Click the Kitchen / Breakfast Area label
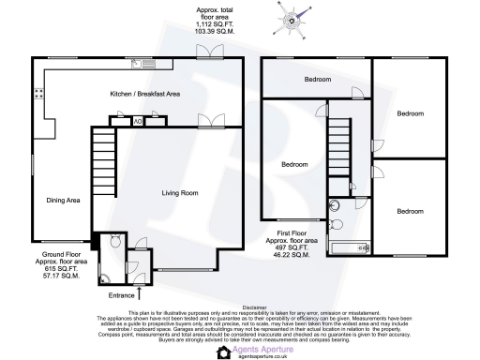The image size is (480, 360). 144,94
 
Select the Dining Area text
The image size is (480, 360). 64,200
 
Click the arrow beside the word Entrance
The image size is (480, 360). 140,293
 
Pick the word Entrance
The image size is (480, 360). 121,296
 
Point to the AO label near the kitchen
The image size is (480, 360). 138,120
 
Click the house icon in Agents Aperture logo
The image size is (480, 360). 224,352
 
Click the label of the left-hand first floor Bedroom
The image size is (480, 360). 296,165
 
